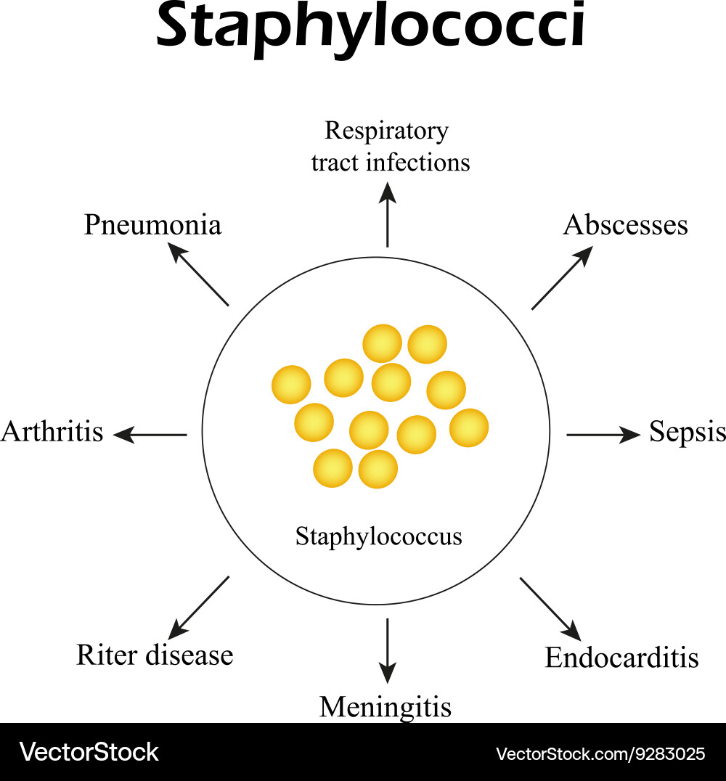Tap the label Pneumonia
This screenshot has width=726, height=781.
152,224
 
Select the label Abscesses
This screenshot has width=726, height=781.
625,224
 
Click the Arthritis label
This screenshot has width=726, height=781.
52,431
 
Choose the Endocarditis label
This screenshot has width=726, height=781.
621,658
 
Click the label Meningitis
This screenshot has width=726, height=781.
386,707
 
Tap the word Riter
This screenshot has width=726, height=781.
107,655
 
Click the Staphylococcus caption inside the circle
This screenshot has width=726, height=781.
379,537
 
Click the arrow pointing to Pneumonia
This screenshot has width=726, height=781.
197,274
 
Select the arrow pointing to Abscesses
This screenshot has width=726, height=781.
563,277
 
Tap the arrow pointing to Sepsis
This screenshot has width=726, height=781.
603,435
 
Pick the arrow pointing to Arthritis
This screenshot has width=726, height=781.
150,435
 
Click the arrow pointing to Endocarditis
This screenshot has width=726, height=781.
550,609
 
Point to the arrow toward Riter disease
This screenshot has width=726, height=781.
198,608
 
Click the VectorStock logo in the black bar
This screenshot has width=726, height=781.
89,752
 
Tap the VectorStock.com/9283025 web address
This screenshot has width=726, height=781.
600,753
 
